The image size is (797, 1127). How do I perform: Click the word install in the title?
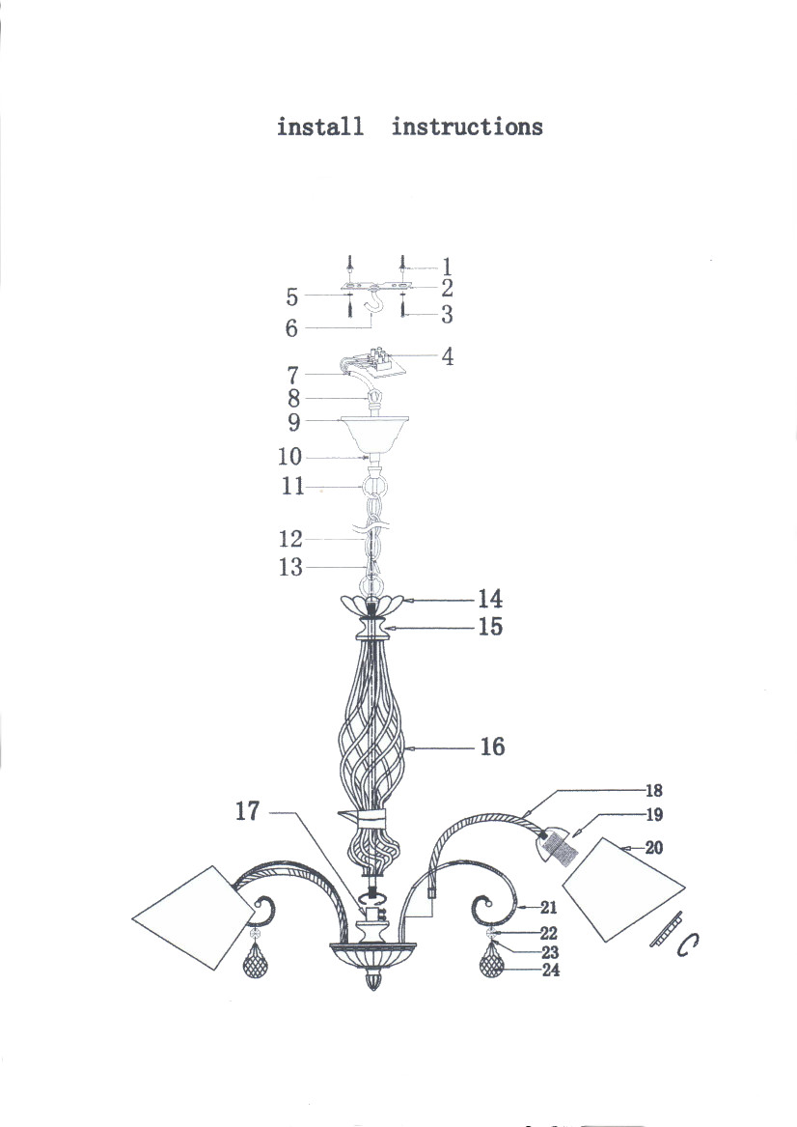[320, 127]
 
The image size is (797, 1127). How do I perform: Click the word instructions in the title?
[467, 127]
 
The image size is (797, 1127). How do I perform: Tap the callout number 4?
[448, 356]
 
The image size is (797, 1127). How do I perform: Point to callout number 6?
[290, 327]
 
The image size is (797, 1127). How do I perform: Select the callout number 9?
[293, 422]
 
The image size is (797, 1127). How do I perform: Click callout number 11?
[293, 486]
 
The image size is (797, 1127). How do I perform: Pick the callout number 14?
[490, 598]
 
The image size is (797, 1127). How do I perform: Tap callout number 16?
[492, 747]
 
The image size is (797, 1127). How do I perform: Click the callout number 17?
[247, 811]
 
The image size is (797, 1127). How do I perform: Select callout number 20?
[653, 848]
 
